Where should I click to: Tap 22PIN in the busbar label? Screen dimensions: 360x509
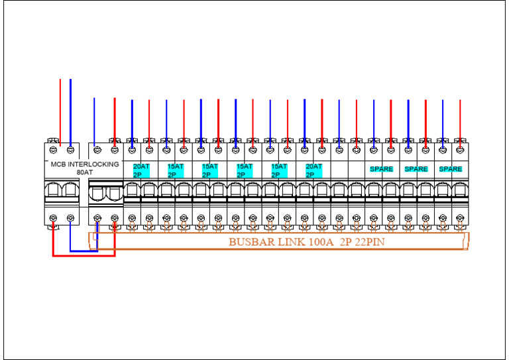tap(368, 241)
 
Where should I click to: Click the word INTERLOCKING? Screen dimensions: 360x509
tap(93, 164)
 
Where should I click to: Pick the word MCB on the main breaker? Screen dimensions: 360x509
tap(58, 164)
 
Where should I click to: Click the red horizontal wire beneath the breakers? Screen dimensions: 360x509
tap(84, 255)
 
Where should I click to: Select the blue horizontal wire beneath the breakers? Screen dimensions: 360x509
tap(84, 251)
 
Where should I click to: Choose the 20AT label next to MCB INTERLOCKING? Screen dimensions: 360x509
tap(141, 166)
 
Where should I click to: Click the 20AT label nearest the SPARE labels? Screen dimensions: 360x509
tap(313, 166)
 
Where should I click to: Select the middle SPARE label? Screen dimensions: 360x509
tap(416, 169)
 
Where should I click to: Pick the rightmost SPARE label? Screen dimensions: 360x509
tap(451, 169)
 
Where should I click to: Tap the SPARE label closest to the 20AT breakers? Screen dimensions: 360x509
tap(382, 169)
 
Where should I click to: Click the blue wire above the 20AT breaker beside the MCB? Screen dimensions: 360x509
tap(132, 119)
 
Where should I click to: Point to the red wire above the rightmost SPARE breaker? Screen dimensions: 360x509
tap(460, 119)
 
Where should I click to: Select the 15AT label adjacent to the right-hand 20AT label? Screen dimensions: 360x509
tap(279, 166)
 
